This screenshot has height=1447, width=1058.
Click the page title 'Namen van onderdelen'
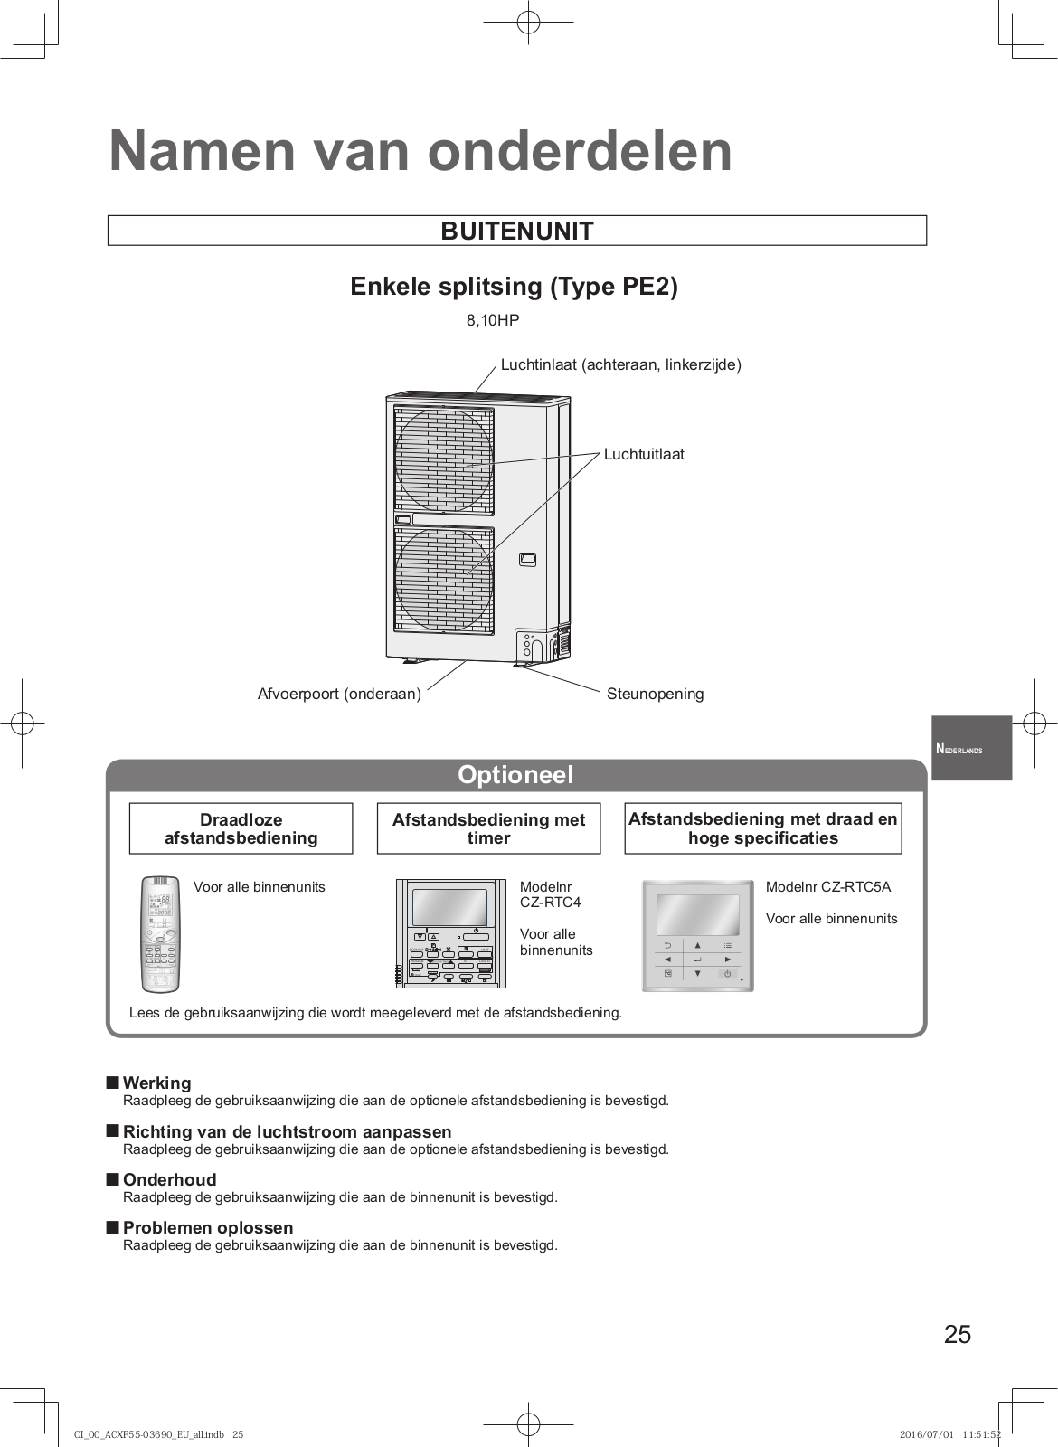point(420,151)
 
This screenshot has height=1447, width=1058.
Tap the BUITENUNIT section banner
point(517,231)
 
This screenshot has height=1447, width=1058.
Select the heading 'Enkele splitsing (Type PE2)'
point(514,287)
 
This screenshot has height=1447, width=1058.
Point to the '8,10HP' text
point(493,320)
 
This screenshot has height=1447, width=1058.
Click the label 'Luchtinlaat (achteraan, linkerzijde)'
point(620,364)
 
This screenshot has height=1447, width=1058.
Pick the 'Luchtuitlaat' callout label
point(644,454)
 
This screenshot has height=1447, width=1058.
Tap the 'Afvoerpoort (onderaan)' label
point(339,694)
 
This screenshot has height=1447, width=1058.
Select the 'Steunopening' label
point(655,694)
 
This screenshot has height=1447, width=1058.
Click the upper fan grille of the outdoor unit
point(444,461)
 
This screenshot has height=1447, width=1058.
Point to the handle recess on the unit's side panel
point(528,560)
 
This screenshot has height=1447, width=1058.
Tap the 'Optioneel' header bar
point(515,775)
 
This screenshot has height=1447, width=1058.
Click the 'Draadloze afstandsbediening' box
point(241,828)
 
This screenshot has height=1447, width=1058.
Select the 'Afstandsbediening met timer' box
point(488,828)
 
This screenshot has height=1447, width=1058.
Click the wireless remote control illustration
point(162,934)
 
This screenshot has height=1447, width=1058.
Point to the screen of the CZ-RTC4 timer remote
point(449,907)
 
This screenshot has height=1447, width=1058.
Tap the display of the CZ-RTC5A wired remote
point(697,915)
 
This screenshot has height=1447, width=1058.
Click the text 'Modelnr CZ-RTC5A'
point(827,887)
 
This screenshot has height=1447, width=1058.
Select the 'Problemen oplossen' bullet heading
point(208,1227)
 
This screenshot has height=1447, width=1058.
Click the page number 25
point(957,1335)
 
